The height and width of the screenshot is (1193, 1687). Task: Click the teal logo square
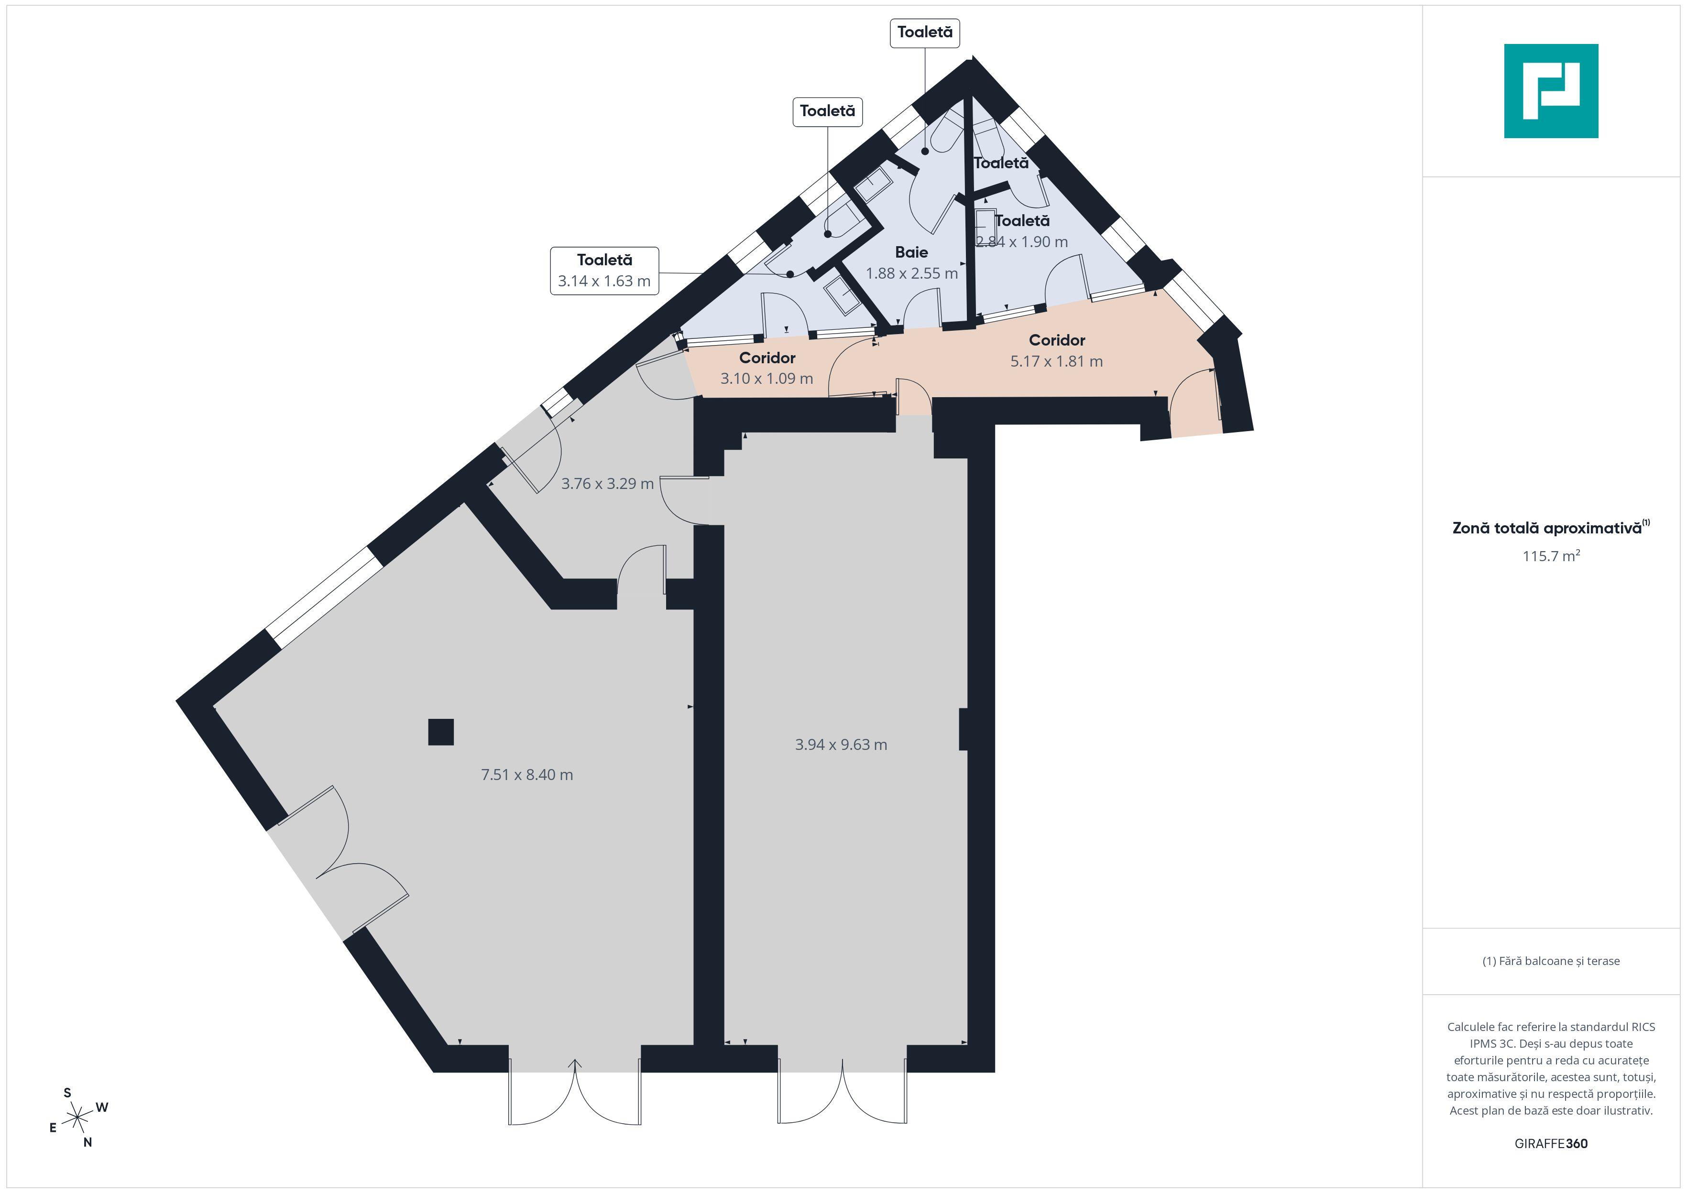pos(1551,91)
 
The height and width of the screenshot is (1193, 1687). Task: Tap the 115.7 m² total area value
pos(1551,555)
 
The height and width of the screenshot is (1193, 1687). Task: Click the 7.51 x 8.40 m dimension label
pos(527,774)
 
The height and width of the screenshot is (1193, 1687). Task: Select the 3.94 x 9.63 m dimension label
pos(841,744)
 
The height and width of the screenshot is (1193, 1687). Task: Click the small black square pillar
pos(441,732)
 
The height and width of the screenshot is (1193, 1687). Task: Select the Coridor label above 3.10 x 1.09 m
pos(767,358)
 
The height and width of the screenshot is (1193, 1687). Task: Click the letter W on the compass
pos(102,1107)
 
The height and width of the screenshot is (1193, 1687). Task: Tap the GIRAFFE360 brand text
pos(1551,1143)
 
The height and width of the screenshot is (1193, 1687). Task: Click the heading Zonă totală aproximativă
pos(1547,528)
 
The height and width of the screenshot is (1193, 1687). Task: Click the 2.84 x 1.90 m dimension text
pos(1022,242)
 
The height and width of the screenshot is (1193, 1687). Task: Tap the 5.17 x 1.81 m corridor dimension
pos(1057,361)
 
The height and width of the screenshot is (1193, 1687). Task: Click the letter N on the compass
pos(88,1142)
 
